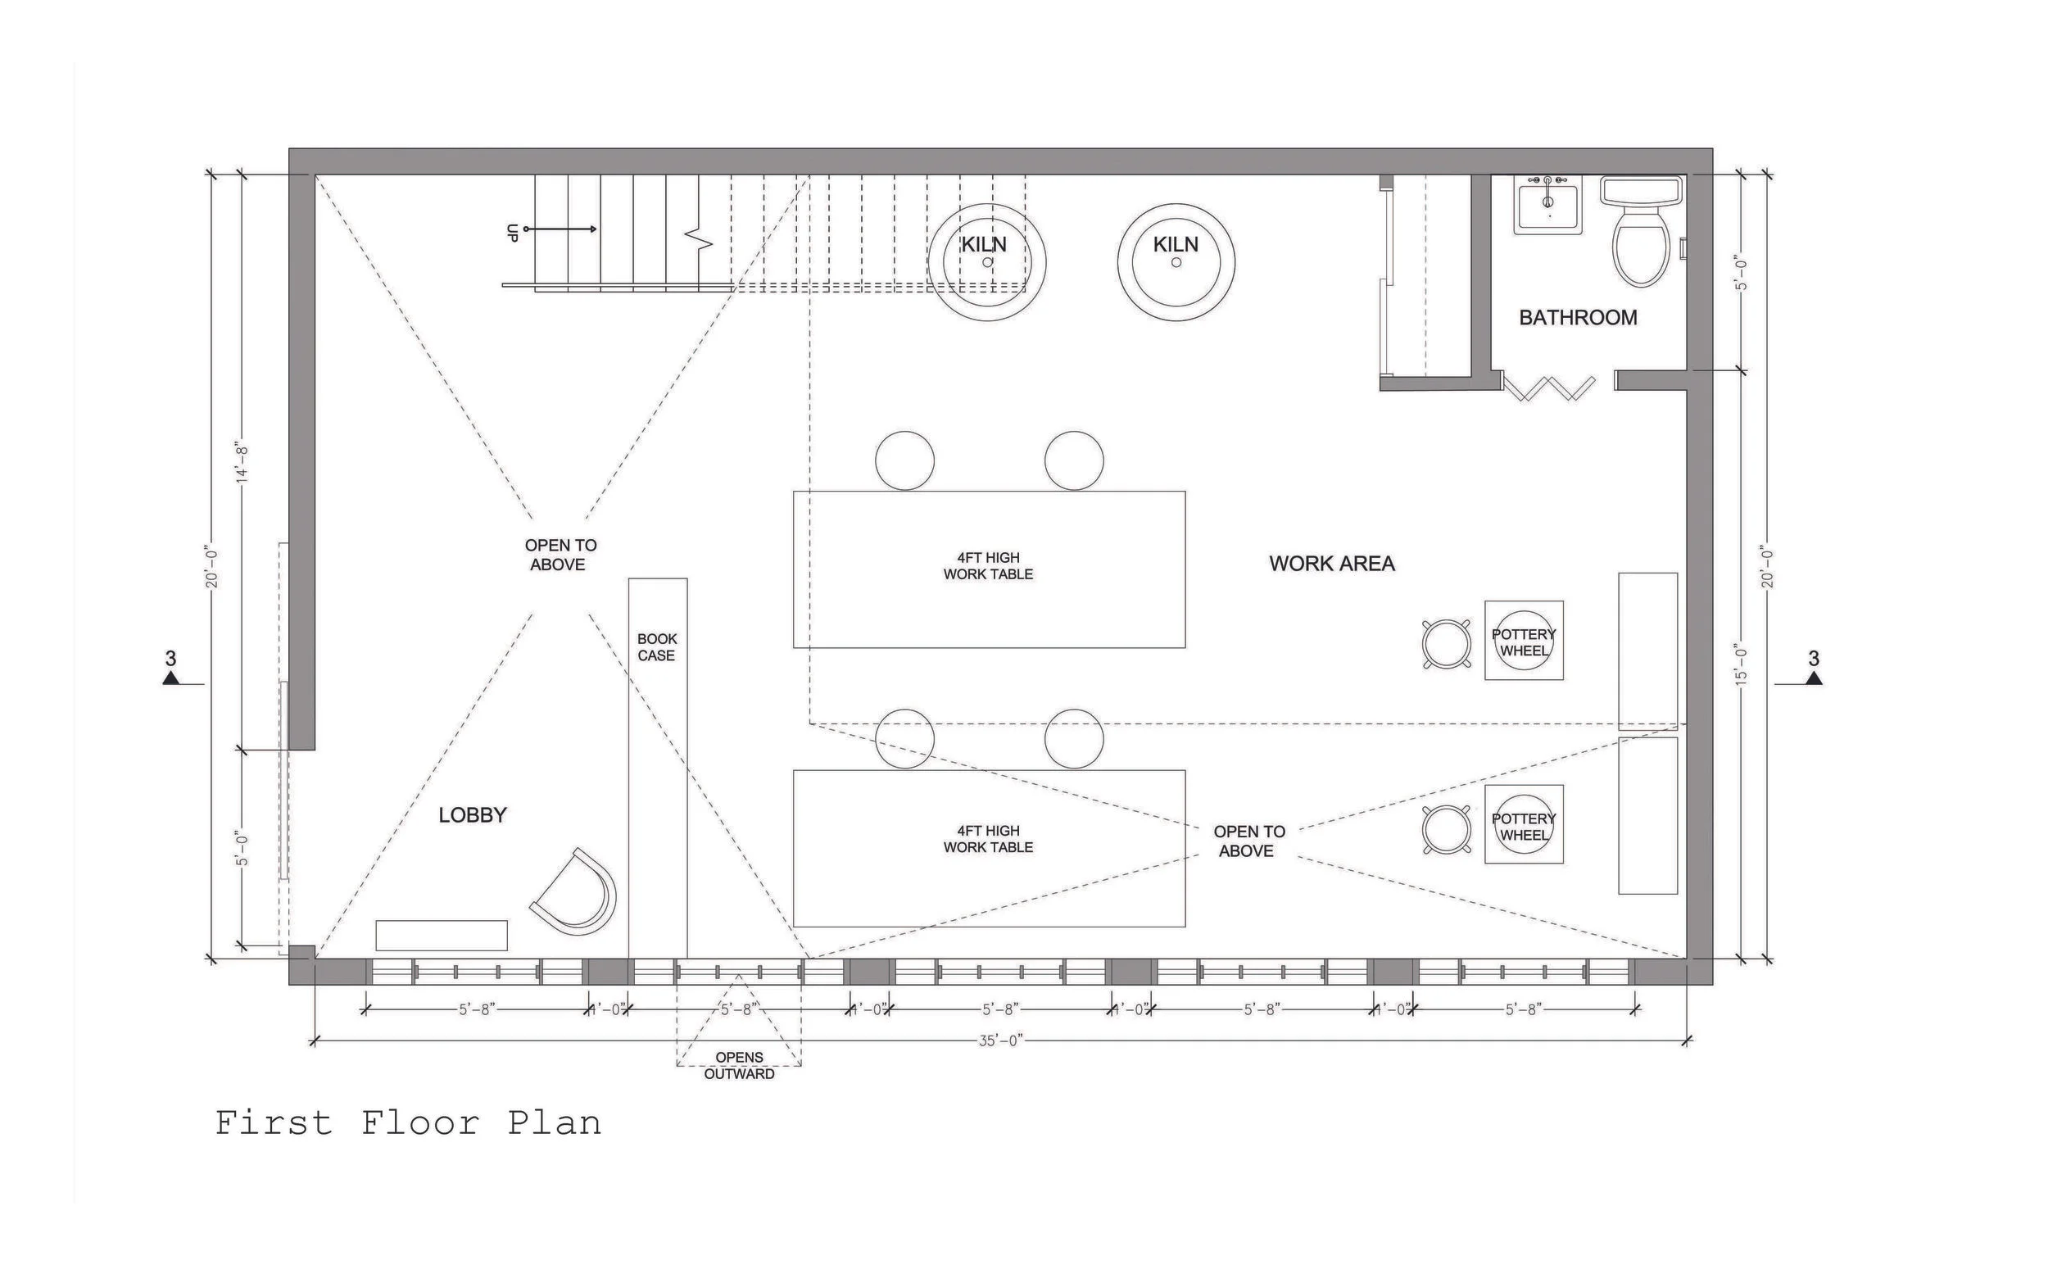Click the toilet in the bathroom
tap(1641, 238)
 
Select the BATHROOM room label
tap(1578, 318)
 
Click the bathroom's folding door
tap(1548, 388)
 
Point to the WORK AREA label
tap(1332, 564)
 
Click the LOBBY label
tap(473, 815)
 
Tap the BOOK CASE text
tap(657, 647)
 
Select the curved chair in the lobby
tap(578, 894)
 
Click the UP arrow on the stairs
tap(560, 229)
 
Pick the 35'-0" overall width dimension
tap(1000, 1041)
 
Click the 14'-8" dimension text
tap(242, 462)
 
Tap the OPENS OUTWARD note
tap(739, 1066)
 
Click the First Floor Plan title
tap(408, 1122)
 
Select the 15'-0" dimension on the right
tap(1742, 664)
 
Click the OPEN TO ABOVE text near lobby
tap(560, 555)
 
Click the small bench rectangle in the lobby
tap(441, 936)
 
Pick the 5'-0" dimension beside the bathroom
tap(1742, 273)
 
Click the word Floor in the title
tap(420, 1122)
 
